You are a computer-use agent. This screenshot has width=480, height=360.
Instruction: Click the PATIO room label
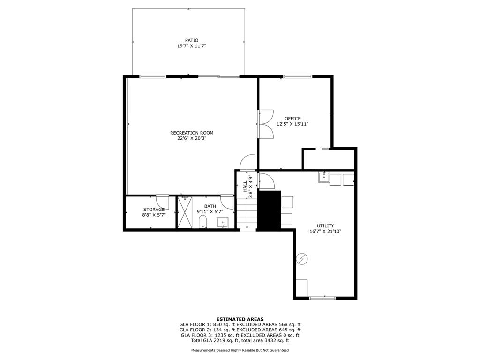click(192, 40)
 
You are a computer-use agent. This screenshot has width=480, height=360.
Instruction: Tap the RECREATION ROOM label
click(192, 133)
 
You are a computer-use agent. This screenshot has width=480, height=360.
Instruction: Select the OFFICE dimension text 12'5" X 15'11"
click(292, 124)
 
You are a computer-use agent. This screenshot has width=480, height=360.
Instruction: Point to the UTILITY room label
click(325, 226)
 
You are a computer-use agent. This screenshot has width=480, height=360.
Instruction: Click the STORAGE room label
click(154, 210)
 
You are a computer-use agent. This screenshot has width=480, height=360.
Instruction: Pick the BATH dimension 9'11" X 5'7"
click(210, 211)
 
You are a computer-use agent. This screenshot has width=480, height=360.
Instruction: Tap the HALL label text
click(245, 187)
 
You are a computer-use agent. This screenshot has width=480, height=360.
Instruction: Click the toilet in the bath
click(203, 221)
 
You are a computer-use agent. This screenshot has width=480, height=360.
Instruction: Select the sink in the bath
click(222, 223)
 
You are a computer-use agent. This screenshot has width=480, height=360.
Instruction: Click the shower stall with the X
click(185, 212)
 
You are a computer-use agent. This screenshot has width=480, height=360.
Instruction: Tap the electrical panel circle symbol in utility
click(302, 259)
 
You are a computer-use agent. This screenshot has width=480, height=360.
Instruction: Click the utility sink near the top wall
click(324, 177)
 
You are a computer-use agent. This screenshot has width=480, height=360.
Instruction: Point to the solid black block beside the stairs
click(269, 210)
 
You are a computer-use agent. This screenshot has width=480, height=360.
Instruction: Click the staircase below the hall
click(247, 214)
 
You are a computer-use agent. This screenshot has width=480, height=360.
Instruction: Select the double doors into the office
click(265, 124)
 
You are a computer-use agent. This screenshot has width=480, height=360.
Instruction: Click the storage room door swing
click(162, 202)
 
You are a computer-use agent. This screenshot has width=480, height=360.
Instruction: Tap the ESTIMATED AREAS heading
click(240, 319)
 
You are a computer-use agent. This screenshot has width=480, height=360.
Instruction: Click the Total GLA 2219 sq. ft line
click(240, 340)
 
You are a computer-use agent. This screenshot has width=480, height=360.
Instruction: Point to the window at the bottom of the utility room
click(322, 298)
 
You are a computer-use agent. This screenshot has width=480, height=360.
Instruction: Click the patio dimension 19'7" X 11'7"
click(192, 46)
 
